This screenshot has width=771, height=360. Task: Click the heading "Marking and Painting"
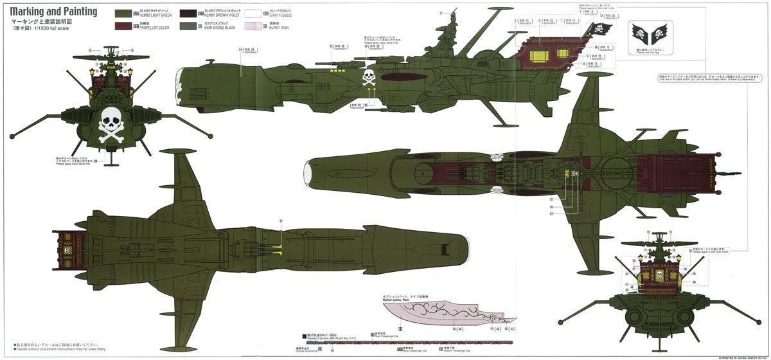[54, 12]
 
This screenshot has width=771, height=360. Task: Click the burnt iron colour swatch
[265, 26]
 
